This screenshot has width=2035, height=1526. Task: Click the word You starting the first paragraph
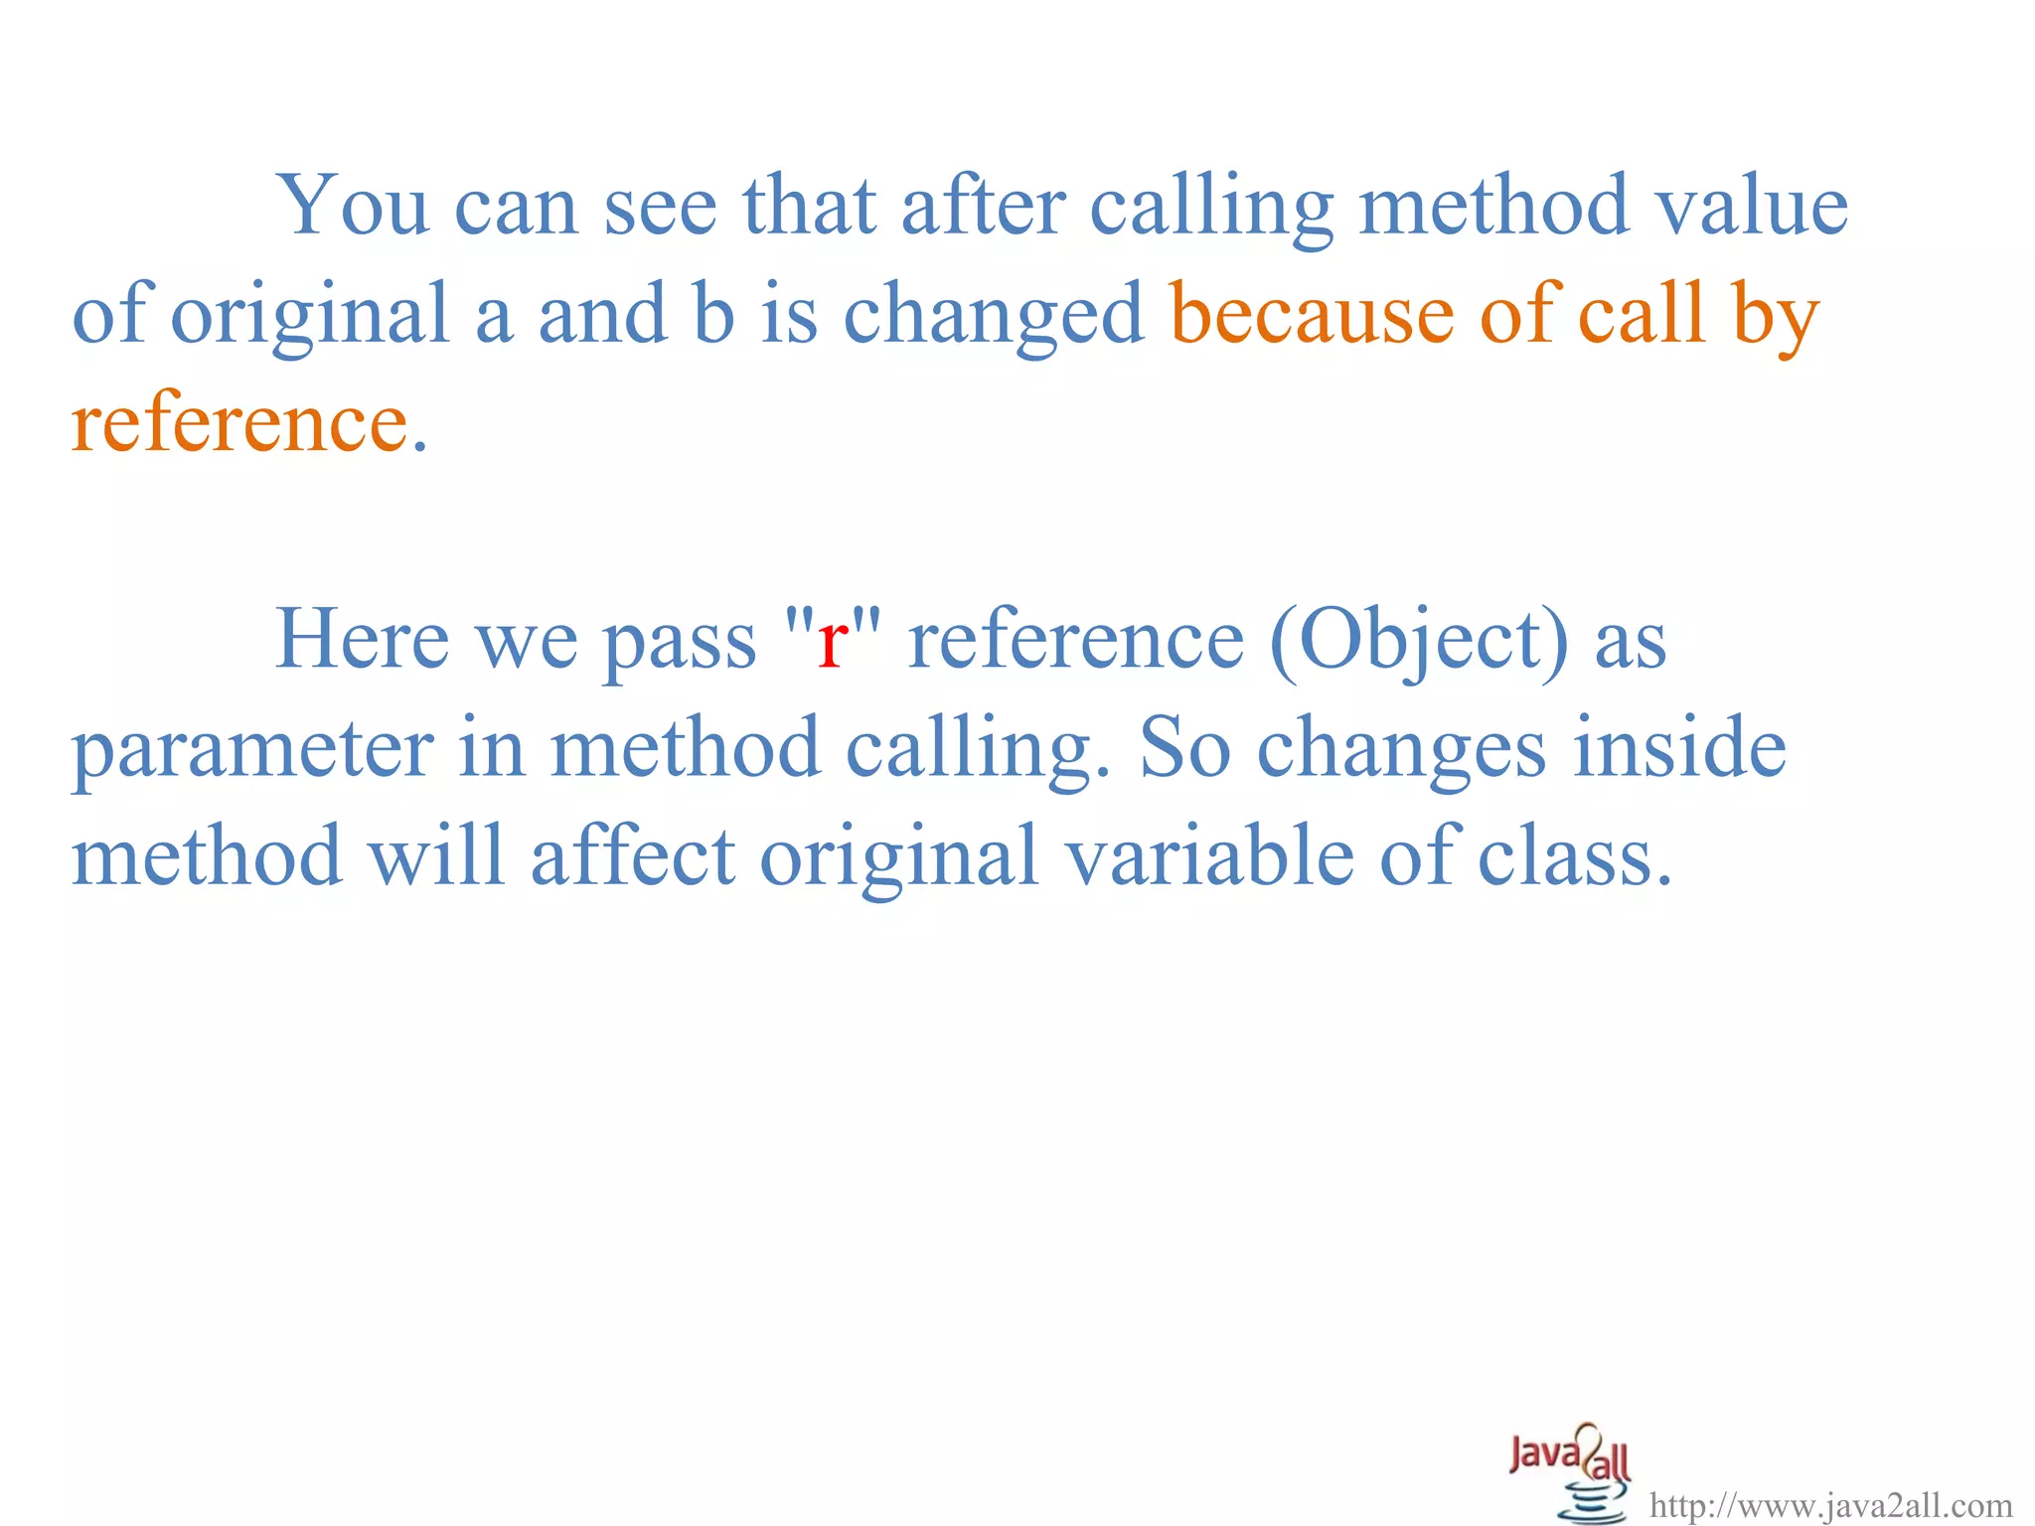(353, 207)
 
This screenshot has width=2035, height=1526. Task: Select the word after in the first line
(983, 207)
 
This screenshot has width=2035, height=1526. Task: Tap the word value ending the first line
(1751, 207)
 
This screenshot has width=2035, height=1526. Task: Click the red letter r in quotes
(832, 641)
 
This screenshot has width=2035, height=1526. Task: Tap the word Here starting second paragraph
(362, 641)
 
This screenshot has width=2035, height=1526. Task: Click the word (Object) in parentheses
(1419, 641)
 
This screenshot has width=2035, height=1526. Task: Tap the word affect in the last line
(633, 856)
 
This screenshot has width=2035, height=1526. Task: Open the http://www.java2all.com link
(1831, 1505)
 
